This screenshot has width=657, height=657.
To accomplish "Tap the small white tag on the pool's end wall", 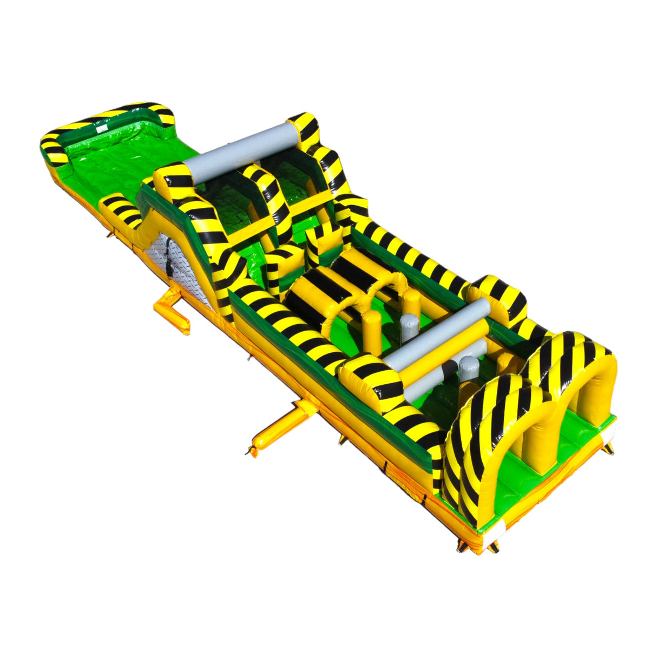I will [100, 130].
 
